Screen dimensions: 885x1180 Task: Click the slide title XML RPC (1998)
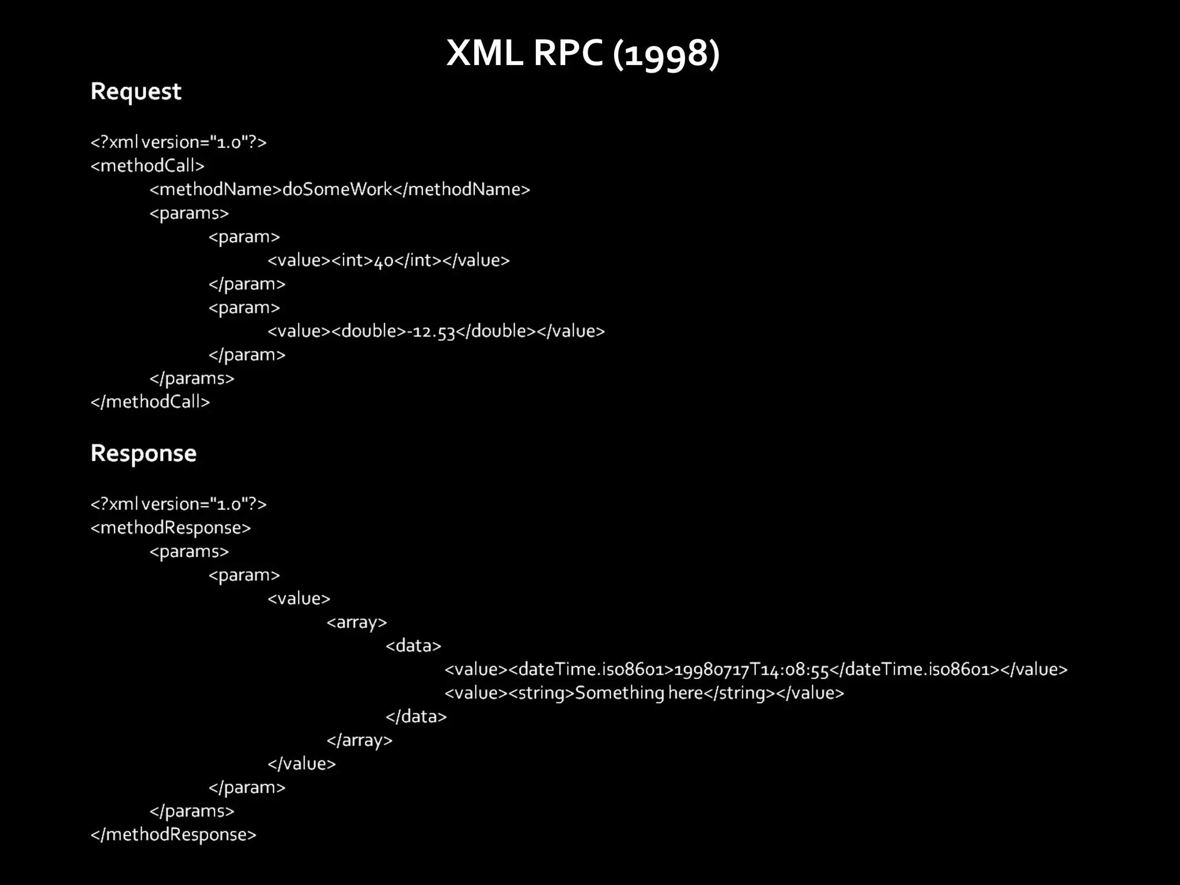(583, 54)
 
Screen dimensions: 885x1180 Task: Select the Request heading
(136, 92)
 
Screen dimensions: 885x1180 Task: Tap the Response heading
(143, 453)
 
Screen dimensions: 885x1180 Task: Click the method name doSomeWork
(337, 190)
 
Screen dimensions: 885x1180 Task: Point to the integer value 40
(384, 261)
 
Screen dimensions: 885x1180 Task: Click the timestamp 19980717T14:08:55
(751, 670)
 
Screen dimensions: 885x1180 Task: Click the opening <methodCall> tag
(147, 166)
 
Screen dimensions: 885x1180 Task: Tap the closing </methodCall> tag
(150, 402)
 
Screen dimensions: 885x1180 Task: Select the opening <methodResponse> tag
(171, 528)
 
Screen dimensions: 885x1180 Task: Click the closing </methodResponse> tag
(173, 835)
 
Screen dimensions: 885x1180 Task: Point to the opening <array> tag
(357, 622)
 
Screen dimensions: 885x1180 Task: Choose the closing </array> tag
(360, 740)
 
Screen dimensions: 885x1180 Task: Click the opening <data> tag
(413, 646)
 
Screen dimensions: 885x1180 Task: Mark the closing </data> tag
(416, 717)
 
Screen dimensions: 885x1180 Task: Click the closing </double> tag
(496, 331)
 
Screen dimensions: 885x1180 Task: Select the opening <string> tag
(542, 693)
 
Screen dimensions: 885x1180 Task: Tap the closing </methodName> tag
(462, 190)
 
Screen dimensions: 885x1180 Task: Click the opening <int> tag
(353, 260)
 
